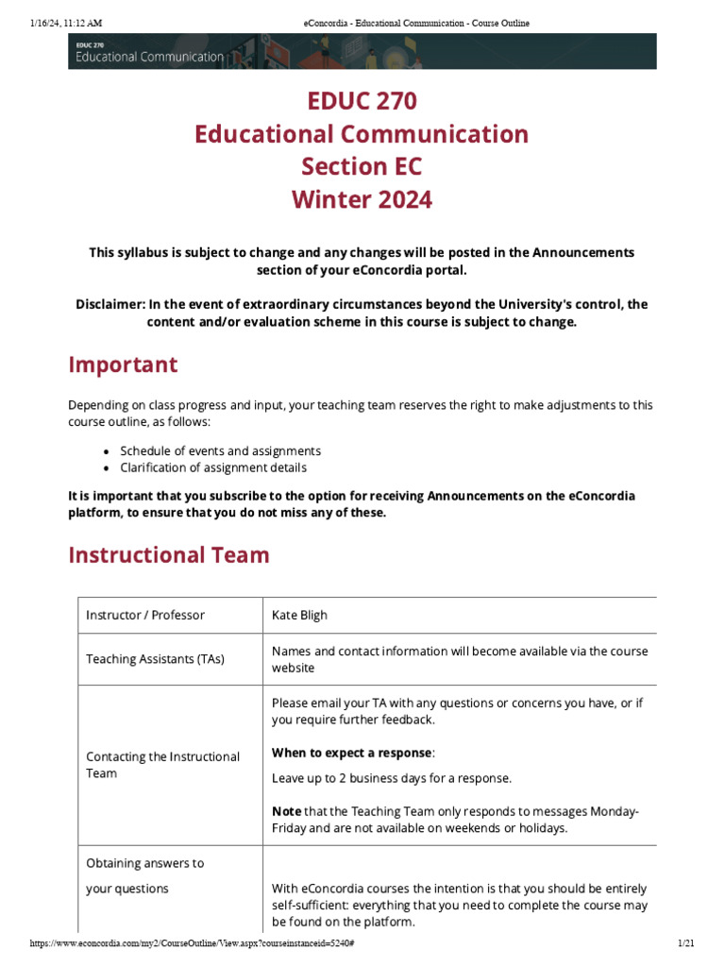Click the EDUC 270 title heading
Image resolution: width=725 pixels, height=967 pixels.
click(x=362, y=100)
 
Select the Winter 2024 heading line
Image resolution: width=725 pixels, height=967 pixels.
click(x=362, y=199)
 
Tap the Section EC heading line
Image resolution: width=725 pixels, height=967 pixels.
click(x=362, y=166)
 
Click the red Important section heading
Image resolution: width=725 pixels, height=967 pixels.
click(x=123, y=365)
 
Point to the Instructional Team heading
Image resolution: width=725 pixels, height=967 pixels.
click(x=169, y=554)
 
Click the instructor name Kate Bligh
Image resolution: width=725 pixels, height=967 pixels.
click(x=299, y=615)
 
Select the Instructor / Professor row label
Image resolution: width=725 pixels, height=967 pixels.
click(x=145, y=615)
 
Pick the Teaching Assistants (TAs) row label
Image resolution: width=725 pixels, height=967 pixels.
click(x=155, y=659)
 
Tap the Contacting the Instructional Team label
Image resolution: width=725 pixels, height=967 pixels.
click(x=162, y=765)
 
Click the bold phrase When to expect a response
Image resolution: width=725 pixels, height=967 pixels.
click(x=352, y=753)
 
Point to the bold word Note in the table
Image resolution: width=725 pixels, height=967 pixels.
click(x=287, y=811)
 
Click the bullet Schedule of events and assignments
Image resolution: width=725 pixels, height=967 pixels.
click(x=220, y=450)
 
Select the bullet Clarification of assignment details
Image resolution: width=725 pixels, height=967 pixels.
click(x=212, y=467)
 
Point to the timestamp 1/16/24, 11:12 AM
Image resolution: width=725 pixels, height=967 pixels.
click(x=66, y=23)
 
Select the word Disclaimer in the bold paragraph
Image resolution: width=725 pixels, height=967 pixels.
click(x=109, y=304)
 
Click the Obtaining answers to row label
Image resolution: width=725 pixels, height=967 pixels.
click(x=144, y=863)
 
